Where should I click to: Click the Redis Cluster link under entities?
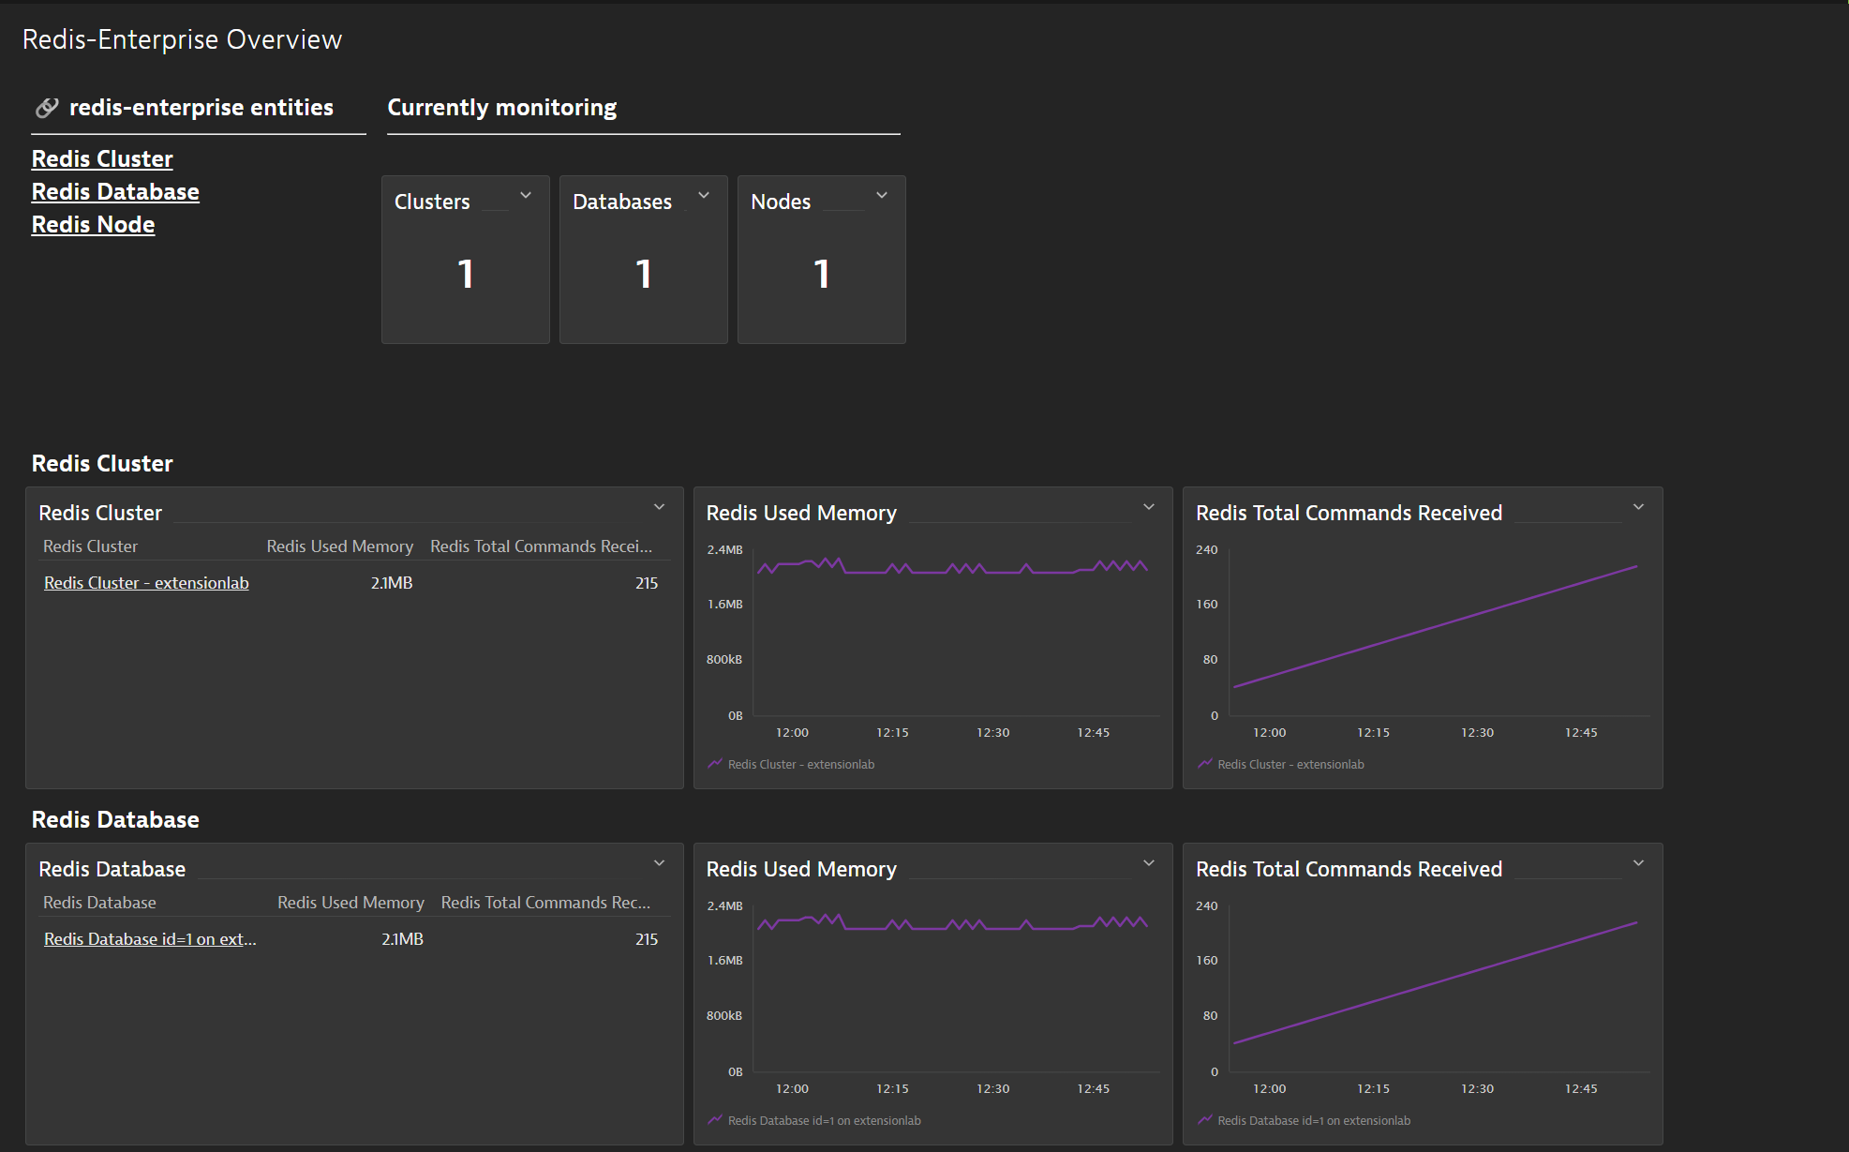pyautogui.click(x=102, y=159)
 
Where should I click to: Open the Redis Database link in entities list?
pyautogui.click(x=115, y=192)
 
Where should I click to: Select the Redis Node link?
pyautogui.click(x=93, y=225)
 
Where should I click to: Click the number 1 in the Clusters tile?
pyautogui.click(x=466, y=275)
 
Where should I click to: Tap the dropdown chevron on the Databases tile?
pyautogui.click(x=704, y=195)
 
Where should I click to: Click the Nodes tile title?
pyautogui.click(x=781, y=202)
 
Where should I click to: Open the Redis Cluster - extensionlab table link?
pyautogui.click(x=146, y=583)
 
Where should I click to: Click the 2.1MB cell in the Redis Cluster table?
pyautogui.click(x=392, y=583)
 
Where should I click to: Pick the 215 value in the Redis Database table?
pyautogui.click(x=647, y=939)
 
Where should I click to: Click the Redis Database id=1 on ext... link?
pyautogui.click(x=150, y=939)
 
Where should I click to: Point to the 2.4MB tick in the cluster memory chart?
pyautogui.click(x=724, y=550)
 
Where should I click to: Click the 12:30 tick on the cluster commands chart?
pyautogui.click(x=1477, y=733)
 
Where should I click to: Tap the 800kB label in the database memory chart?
pyautogui.click(x=724, y=1016)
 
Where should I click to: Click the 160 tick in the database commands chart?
pyautogui.click(x=1207, y=961)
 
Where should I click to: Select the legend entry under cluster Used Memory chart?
pyautogui.click(x=800, y=765)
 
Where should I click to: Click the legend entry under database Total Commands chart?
pyautogui.click(x=1313, y=1121)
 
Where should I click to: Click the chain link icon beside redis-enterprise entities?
pyautogui.click(x=47, y=108)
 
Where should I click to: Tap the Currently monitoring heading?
pyautogui.click(x=502, y=108)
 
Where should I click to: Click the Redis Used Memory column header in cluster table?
pyautogui.click(x=339, y=546)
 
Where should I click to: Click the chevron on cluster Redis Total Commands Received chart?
pyautogui.click(x=1638, y=507)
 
